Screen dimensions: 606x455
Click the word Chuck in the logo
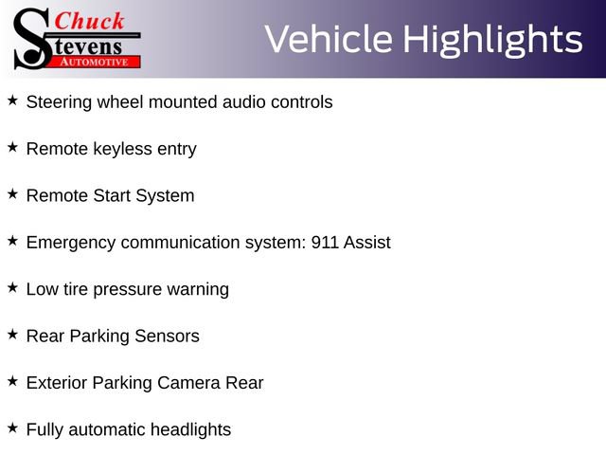coord(89,21)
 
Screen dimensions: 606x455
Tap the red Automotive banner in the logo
coord(95,62)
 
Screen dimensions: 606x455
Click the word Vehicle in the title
coord(329,39)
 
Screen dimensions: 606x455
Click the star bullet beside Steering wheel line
coord(12,100)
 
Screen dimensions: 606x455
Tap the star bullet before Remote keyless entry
coord(12,147)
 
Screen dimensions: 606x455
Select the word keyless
coord(123,150)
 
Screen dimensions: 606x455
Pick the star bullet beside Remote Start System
coord(12,193)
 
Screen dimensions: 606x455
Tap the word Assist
coord(367,243)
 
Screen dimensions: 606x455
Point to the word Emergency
coord(71,244)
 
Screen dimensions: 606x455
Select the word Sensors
coord(167,337)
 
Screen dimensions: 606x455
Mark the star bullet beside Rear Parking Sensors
coord(12,335)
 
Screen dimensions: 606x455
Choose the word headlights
coord(190,430)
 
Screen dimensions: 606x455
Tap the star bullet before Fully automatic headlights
coord(12,428)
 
